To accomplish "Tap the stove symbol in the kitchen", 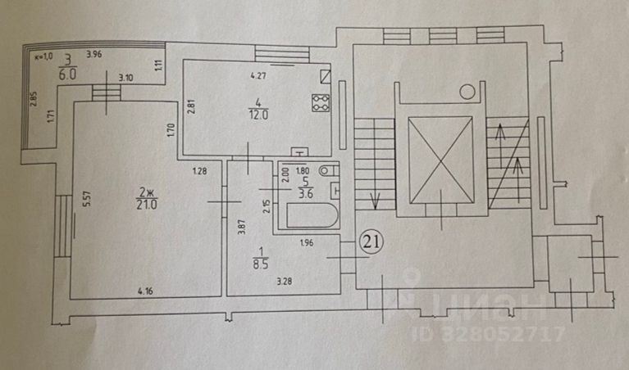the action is [x=320, y=103].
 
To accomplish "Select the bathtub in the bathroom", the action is [x=308, y=216].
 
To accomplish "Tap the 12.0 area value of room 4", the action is [x=259, y=115].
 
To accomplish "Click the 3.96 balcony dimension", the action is [x=95, y=55].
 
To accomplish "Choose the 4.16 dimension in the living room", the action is [x=145, y=290].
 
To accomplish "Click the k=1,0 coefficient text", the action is [x=43, y=56].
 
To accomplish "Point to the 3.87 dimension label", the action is [x=241, y=226].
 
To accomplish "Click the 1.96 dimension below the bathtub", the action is [x=306, y=241].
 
